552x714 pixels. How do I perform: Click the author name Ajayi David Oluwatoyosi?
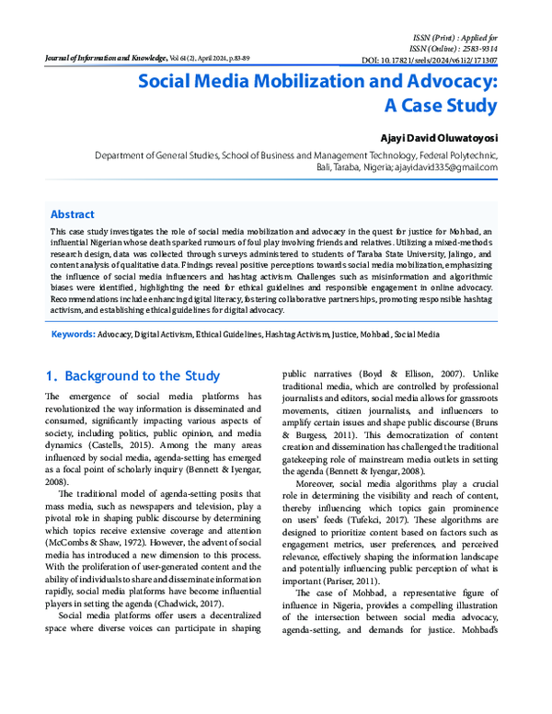pos(435,136)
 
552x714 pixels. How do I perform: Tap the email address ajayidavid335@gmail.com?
pos(446,168)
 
